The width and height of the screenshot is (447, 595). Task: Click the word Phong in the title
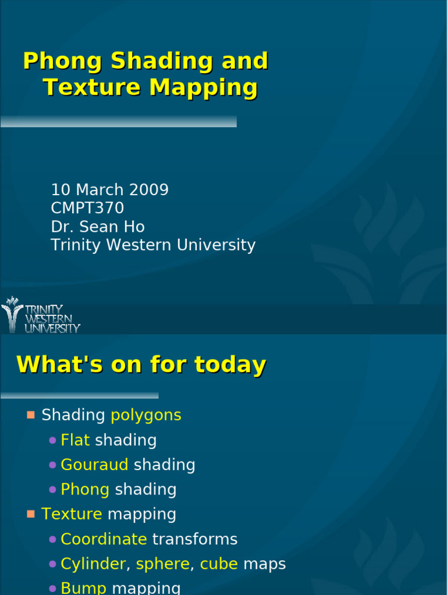[62, 62]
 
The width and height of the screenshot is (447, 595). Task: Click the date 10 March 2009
[109, 190]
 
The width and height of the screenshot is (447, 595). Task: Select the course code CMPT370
[87, 208]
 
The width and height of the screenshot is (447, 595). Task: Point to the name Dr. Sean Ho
[98, 227]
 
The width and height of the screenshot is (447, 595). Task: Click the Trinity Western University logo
[41, 316]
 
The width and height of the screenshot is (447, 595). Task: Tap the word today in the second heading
[230, 365]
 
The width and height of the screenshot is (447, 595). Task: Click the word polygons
[146, 415]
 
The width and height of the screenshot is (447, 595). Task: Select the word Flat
[75, 440]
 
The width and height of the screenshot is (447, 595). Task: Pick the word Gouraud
[94, 465]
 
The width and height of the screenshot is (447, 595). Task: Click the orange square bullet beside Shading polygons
[31, 415]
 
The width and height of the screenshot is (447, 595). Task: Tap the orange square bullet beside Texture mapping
[31, 514]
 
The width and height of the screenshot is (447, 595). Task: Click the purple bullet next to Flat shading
[53, 440]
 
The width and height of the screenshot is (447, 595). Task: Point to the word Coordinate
[104, 539]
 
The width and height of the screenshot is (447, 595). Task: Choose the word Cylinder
[93, 564]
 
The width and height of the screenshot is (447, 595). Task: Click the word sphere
[163, 564]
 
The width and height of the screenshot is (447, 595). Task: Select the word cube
[219, 564]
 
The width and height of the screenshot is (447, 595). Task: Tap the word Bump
[84, 588]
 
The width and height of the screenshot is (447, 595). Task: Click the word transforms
[194, 539]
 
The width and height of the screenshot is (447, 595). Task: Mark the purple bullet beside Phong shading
[53, 490]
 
